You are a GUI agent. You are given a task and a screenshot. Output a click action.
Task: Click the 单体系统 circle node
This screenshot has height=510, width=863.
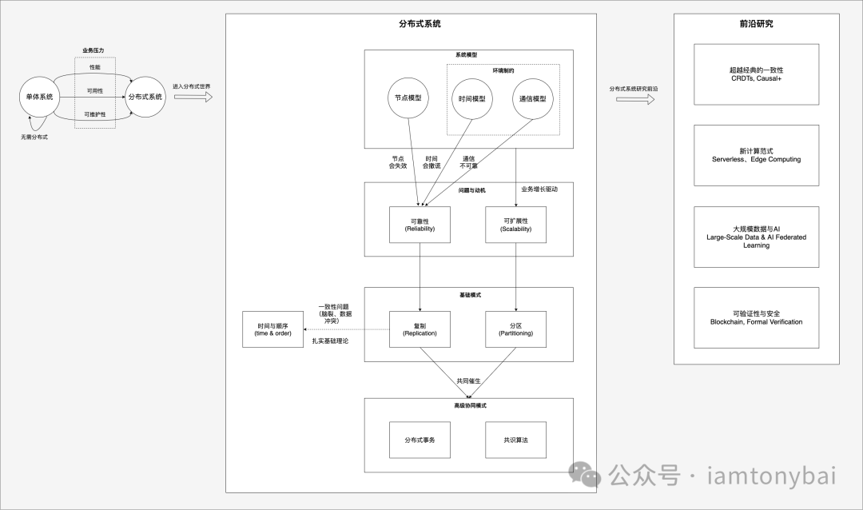pos(36,97)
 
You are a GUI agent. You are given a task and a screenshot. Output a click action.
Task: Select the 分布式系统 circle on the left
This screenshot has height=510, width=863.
pos(145,97)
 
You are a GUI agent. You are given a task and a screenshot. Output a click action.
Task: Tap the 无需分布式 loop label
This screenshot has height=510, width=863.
pos(34,137)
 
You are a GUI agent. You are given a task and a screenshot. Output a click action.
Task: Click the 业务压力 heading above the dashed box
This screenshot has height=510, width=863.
pos(94,50)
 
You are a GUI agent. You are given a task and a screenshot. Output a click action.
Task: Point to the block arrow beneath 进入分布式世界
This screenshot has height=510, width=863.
pos(193,98)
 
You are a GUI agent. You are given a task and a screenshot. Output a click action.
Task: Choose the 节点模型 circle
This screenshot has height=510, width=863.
pos(408,98)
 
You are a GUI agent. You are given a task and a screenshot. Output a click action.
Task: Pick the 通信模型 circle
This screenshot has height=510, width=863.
pos(532,98)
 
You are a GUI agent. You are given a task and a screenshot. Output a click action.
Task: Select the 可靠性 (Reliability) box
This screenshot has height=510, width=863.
pos(420,225)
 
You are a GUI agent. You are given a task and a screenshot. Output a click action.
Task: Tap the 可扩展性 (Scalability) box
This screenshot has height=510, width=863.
pos(515,225)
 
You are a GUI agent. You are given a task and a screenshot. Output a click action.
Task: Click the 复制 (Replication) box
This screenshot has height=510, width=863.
pos(420,329)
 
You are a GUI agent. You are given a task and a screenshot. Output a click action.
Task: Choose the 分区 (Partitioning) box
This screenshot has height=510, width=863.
pos(515,329)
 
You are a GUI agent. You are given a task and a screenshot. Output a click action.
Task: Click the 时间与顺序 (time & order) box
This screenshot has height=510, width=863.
pos(274,329)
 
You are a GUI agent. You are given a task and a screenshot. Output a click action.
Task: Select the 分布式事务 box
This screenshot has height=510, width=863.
pos(420,440)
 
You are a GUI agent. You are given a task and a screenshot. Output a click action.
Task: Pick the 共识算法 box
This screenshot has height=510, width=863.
pos(515,440)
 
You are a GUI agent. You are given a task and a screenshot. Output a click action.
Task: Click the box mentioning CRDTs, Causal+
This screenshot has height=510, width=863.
pos(756,74)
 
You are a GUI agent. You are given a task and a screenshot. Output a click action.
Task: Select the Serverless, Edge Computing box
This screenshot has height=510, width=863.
pos(756,155)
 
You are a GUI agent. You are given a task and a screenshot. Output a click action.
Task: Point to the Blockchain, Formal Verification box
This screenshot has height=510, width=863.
pos(756,317)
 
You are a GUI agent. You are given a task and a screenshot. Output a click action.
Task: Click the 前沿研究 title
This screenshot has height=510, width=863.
pos(756,24)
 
